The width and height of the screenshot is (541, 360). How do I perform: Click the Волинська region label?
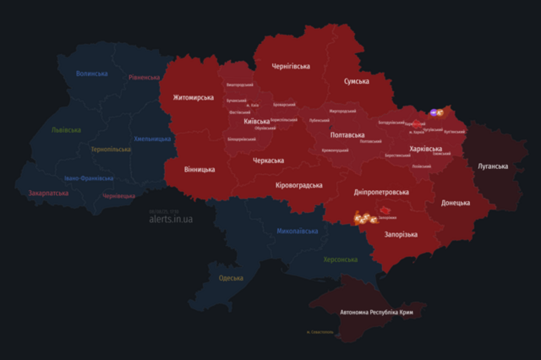(92, 74)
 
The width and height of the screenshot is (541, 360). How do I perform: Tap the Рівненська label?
(145, 77)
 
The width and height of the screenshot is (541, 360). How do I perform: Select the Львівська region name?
(66, 130)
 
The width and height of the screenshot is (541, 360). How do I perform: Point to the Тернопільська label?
(111, 149)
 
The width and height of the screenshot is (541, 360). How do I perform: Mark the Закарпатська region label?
(49, 193)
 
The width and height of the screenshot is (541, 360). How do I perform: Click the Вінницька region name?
(199, 169)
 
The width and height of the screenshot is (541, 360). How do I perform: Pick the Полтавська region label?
(347, 134)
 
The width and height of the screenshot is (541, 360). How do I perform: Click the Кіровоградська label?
(300, 185)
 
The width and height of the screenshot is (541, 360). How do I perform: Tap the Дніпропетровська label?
(381, 192)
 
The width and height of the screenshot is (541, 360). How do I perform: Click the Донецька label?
(456, 203)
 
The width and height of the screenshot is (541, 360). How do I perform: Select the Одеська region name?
(231, 278)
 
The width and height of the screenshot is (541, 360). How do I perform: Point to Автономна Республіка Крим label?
(382, 312)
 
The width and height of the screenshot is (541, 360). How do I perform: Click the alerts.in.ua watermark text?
(170, 219)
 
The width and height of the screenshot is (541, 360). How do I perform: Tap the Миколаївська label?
(298, 231)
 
